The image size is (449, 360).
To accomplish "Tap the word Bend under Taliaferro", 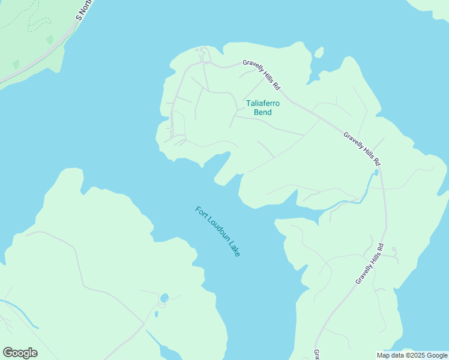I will click(263, 112).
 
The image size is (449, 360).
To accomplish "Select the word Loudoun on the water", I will click(217, 230).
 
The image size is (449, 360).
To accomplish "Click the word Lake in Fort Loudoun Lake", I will click(234, 249).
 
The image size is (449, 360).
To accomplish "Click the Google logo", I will click(20, 353).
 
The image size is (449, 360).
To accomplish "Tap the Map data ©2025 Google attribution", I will click(412, 355).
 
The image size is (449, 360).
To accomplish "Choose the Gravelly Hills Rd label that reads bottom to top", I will click(369, 263).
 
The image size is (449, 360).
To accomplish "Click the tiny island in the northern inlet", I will click(318, 53).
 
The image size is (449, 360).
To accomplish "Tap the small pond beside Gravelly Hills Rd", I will click(376, 172).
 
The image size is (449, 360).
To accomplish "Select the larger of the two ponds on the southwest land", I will click(164, 298).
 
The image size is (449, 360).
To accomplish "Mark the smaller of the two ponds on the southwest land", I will click(156, 313).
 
